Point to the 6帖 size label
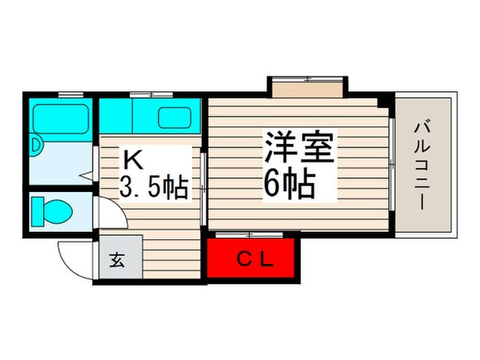tap(287, 185)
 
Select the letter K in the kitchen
tap(133, 158)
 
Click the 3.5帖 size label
tap(154, 189)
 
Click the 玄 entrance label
tap(117, 260)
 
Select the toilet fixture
tap(54, 212)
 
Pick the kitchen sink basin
tap(174, 117)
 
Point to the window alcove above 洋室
tap(307, 86)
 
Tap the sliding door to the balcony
tap(393, 164)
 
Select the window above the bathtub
tap(70, 95)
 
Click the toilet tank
tap(37, 212)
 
